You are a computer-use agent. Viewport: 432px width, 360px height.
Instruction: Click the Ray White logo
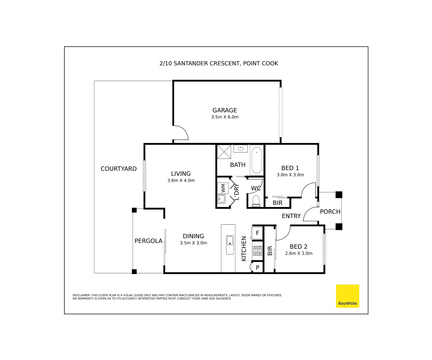[347, 296]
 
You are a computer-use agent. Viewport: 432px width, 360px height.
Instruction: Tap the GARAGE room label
[225, 110]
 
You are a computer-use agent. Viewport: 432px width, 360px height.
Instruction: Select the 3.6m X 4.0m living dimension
[181, 181]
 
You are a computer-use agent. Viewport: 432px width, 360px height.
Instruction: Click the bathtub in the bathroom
[256, 160]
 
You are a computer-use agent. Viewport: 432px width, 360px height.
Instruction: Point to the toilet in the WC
[256, 201]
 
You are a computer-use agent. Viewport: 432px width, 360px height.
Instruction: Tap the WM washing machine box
[223, 188]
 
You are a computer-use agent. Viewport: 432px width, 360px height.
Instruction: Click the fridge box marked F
[257, 233]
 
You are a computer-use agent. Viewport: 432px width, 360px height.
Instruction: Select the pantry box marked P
[257, 267]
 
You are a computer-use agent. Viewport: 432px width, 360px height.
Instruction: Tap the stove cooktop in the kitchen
[257, 250]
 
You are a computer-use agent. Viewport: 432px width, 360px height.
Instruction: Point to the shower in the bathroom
[224, 151]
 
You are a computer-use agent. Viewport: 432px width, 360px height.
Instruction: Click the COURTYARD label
[119, 169]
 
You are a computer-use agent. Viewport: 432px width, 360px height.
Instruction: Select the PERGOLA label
[148, 241]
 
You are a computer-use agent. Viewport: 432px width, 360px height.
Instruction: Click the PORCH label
[330, 212]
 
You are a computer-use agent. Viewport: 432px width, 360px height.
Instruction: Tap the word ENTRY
[291, 216]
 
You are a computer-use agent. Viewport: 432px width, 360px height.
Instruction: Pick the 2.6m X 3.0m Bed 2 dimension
[299, 253]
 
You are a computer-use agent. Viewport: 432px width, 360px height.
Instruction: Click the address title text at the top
[219, 63]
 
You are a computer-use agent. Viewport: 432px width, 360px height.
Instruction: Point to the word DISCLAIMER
[81, 295]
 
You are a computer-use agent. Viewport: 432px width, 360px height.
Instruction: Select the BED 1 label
[290, 168]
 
